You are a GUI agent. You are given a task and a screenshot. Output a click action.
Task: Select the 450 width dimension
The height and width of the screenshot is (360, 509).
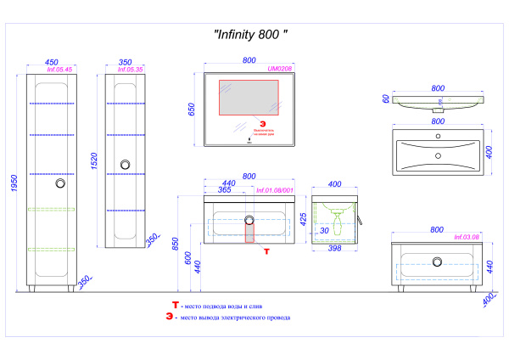(x=51, y=62)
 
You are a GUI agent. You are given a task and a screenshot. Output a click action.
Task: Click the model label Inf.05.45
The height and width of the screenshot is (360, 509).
(x=57, y=70)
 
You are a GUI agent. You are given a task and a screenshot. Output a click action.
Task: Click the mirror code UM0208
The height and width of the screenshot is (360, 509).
(x=279, y=70)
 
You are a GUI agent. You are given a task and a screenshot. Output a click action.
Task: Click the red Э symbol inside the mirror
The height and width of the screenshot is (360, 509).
(x=250, y=124)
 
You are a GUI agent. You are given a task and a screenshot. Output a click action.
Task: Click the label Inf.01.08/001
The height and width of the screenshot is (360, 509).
(x=274, y=191)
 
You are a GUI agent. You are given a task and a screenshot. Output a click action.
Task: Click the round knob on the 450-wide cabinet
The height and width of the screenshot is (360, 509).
(x=59, y=183)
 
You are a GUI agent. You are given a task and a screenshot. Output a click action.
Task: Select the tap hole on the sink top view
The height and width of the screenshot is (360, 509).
(x=438, y=155)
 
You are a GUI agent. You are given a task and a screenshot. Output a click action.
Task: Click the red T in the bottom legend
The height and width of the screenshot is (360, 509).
(x=175, y=304)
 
